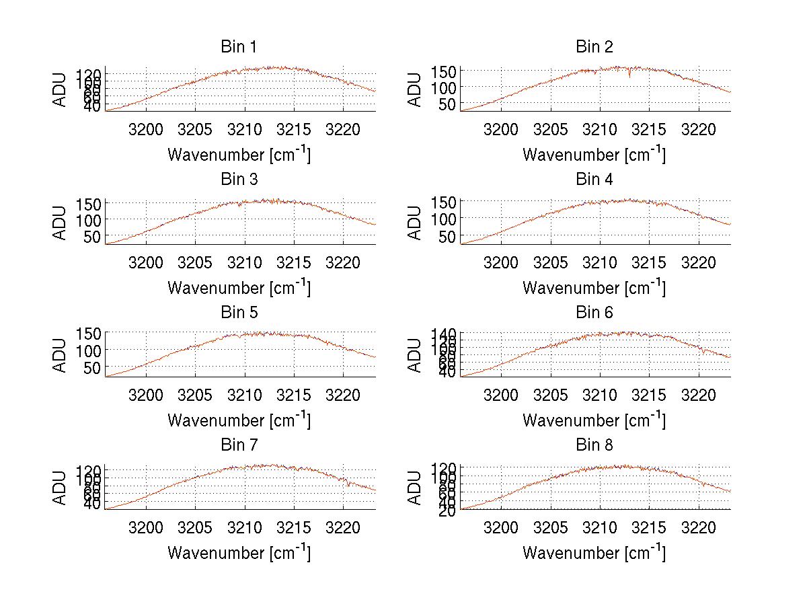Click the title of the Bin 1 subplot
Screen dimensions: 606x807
click(x=238, y=47)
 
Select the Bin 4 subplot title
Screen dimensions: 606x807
click(x=594, y=180)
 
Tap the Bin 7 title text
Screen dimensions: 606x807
click(x=238, y=445)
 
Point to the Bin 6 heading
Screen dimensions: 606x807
click(x=594, y=313)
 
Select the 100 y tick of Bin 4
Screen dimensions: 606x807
click(x=449, y=219)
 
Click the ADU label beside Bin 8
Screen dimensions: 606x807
click(x=416, y=488)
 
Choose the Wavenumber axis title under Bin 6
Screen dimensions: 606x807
click(x=594, y=420)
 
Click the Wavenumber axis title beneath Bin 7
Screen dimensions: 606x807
click(x=238, y=553)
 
